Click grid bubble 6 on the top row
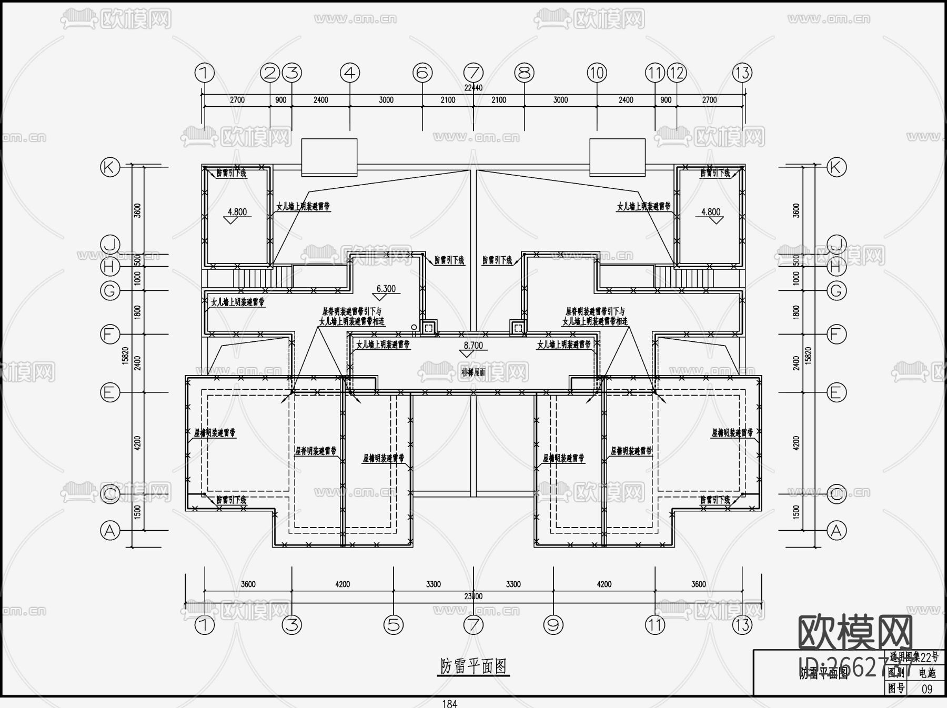point(422,73)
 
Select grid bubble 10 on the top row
point(597,73)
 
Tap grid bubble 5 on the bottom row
point(394,625)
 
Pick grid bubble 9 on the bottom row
point(553,625)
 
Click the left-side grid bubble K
point(110,167)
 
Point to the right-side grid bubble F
point(837,334)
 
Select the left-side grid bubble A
point(110,531)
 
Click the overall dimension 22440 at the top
point(473,88)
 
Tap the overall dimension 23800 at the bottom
point(473,596)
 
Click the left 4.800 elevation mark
point(237,213)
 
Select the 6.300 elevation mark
point(386,289)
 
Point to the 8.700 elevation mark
point(473,346)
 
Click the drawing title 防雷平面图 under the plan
point(473,666)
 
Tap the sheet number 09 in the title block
point(927,688)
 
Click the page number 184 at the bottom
point(449,703)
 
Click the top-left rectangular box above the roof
point(329,157)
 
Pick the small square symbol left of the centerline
point(429,328)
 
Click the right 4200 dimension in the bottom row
point(604,584)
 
